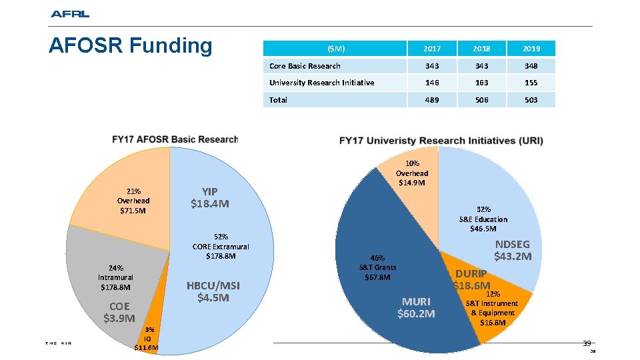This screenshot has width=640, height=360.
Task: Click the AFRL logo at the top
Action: coord(69,14)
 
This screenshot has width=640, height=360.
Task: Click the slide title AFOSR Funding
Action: coord(131,46)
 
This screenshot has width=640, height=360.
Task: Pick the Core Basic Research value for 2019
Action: coord(530,66)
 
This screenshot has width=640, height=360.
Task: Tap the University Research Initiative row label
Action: coord(321,83)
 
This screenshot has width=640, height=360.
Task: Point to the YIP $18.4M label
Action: coord(210,197)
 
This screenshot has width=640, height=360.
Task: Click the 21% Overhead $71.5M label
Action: coord(133,201)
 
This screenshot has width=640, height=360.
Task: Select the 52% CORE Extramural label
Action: coord(221,246)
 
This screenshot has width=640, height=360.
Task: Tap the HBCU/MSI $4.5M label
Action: coord(213,292)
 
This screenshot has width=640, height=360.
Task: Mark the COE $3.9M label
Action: coord(119,312)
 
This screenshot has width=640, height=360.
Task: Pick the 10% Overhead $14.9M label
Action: coord(412,173)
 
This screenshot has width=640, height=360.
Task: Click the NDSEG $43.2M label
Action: coord(513,250)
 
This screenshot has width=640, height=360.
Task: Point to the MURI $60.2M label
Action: coord(416,307)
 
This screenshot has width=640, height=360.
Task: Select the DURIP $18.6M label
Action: coord(472,279)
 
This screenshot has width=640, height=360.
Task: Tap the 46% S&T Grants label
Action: coord(377,267)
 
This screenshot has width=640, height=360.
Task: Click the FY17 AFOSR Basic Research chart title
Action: coord(175,139)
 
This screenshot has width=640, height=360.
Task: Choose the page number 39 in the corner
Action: coord(587,343)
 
